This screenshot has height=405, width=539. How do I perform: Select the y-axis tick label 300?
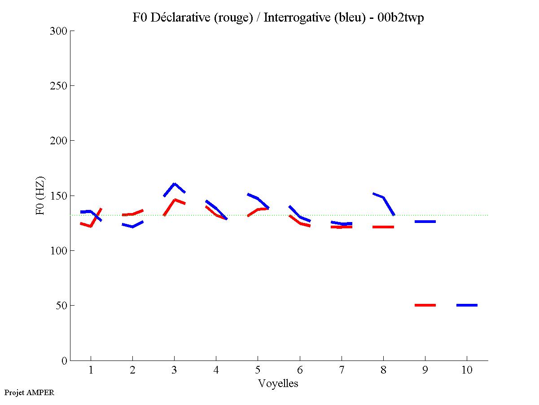59,31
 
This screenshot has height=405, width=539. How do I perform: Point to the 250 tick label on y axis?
59,86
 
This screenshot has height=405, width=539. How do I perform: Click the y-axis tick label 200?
59,141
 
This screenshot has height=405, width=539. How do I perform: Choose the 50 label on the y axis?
61,306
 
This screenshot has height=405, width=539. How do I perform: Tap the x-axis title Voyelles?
278,383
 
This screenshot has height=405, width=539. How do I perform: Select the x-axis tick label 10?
467,370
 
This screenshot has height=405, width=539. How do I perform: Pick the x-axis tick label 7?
342,370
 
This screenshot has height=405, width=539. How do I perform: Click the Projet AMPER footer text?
29,392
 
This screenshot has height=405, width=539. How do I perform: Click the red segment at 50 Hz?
425,305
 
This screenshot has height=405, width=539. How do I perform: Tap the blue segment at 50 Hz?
467,305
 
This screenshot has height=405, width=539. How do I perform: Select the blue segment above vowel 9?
425,222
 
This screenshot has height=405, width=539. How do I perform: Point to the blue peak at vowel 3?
174,184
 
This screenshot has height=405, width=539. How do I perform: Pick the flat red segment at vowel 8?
383,227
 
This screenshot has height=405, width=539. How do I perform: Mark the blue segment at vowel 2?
132,226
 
